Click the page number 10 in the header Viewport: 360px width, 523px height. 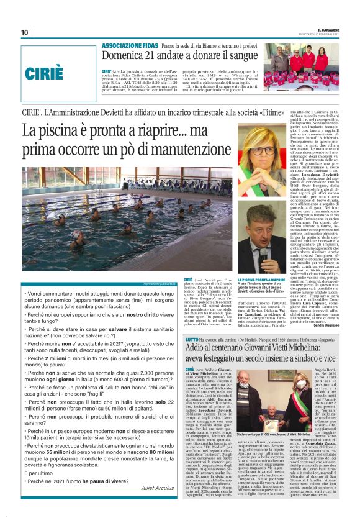pos(24,33)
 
